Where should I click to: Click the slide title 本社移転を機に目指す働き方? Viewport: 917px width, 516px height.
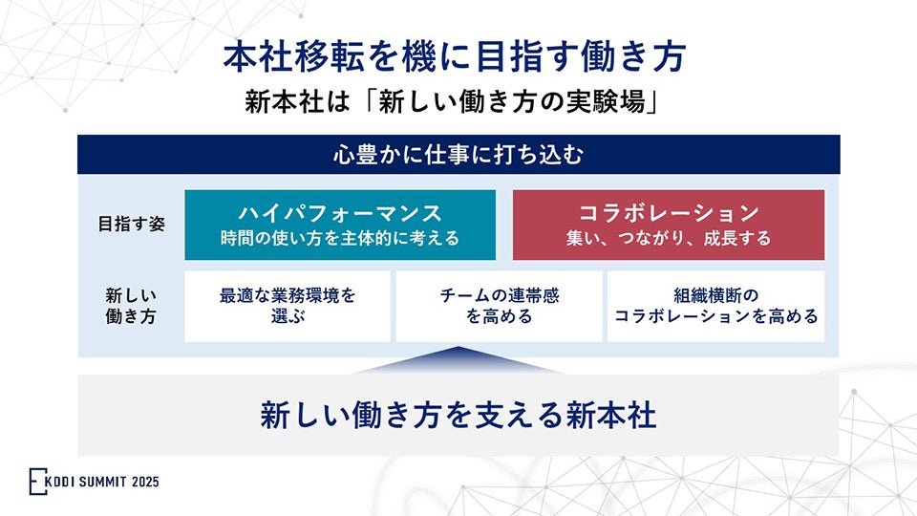coord(455,57)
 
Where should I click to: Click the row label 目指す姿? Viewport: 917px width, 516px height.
coord(130,225)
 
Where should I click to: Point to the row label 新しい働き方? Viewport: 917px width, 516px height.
coord(130,307)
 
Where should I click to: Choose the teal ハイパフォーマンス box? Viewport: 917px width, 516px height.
coord(340,225)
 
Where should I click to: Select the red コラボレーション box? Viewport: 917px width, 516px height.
coord(668,225)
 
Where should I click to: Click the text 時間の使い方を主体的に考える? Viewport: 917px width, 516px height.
coord(340,238)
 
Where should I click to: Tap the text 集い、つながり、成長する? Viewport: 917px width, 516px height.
coord(668,238)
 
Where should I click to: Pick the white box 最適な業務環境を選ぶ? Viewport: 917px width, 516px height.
coord(287,306)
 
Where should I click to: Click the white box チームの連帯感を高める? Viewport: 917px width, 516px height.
coord(499,306)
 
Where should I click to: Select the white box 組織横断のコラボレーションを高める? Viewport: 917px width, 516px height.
coord(715,306)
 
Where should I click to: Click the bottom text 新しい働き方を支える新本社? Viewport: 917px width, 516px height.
coord(458,416)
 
